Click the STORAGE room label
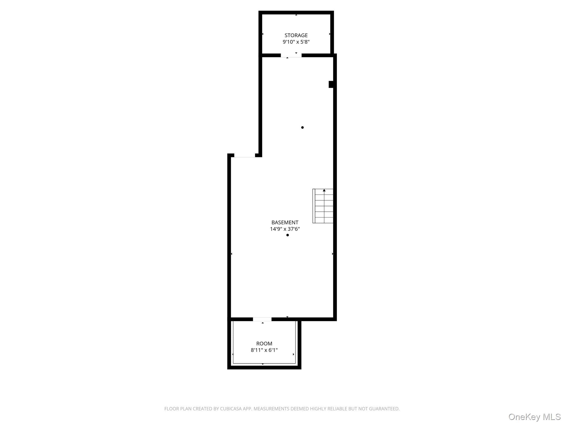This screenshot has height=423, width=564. [296, 35]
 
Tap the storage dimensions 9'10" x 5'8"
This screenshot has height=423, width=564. [296, 42]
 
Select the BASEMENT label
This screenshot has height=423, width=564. [285, 222]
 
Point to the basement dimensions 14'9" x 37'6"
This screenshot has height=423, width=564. [285, 229]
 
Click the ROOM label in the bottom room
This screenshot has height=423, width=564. [264, 343]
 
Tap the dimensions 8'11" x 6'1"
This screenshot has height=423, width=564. [264, 350]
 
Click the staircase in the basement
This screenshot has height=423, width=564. [323, 206]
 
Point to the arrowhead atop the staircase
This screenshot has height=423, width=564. [324, 190]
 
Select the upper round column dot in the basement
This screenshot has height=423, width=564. [302, 128]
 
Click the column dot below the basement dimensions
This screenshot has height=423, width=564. [288, 235]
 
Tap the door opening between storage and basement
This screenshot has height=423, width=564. [291, 55]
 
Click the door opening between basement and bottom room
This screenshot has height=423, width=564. [262, 319]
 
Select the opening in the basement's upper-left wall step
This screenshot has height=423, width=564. [245, 156]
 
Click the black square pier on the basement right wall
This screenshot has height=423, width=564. [331, 84]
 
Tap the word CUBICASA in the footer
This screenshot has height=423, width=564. [231, 409]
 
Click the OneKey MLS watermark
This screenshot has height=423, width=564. [535, 417]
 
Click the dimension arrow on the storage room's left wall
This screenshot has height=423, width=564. [262, 34]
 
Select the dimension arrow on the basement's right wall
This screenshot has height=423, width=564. [333, 254]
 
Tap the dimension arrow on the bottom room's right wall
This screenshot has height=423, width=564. [294, 354]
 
